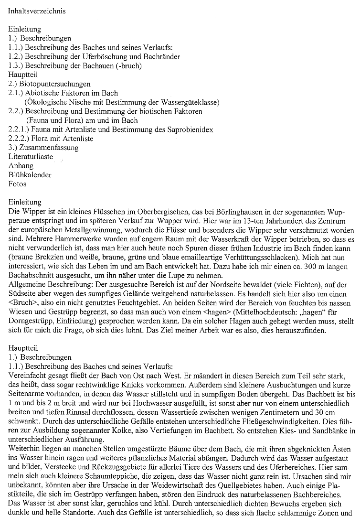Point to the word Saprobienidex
point(191,129)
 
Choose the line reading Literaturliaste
point(31,157)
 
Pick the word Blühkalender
point(30,175)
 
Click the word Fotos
point(18,184)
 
